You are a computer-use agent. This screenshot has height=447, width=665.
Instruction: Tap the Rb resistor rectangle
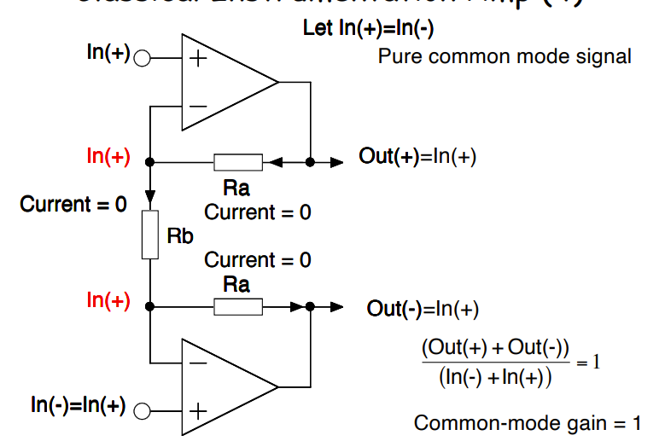[x=150, y=234]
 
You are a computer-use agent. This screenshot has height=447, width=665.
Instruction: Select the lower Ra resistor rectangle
[x=237, y=306]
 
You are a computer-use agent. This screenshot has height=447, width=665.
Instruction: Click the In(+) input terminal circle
[x=143, y=59]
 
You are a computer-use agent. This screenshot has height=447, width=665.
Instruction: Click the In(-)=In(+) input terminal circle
[x=143, y=410]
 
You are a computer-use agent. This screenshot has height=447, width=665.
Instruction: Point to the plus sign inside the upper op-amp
[x=198, y=59]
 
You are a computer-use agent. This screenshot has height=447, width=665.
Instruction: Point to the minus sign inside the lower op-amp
[x=198, y=362]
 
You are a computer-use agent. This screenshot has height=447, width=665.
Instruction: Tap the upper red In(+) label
[x=108, y=157]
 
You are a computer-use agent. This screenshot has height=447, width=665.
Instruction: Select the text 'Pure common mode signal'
[x=505, y=57]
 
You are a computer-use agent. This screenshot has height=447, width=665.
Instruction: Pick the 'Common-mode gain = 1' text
[x=527, y=423]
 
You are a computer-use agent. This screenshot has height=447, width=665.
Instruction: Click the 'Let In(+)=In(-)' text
[x=369, y=28]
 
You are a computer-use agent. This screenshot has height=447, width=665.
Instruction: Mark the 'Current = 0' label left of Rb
[x=73, y=205]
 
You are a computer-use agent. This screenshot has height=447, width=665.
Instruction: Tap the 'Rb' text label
[x=180, y=236]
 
